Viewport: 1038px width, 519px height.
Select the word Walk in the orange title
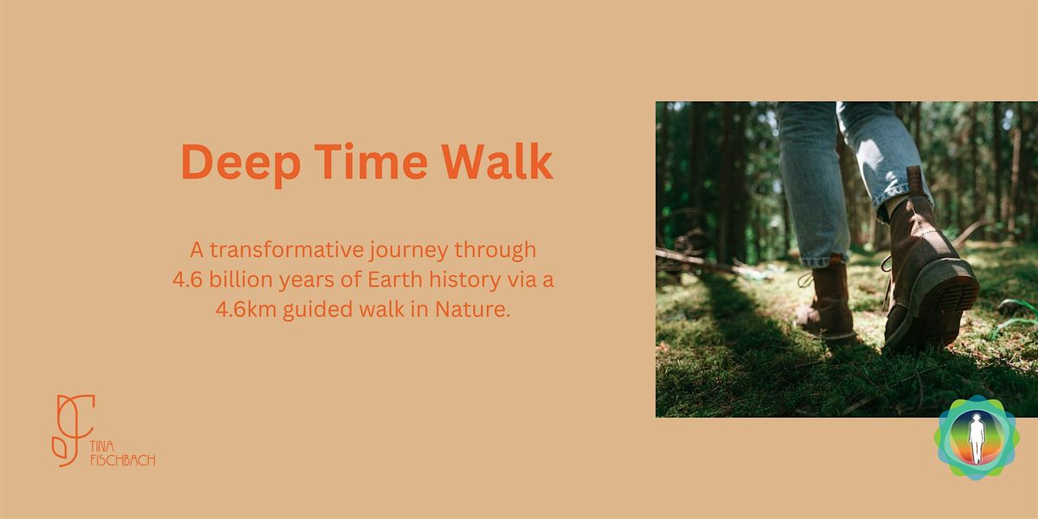[496, 162]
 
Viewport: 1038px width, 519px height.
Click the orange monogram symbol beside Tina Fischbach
[72, 430]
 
